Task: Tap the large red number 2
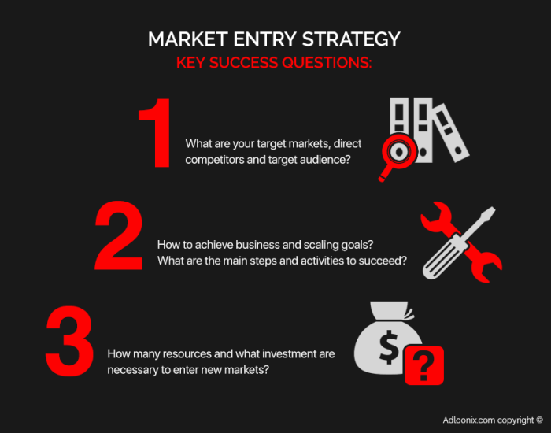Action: click(x=119, y=235)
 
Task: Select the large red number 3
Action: click(x=69, y=341)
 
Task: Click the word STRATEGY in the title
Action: click(x=351, y=39)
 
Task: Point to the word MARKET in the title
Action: click(x=188, y=39)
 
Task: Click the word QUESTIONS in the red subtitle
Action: click(x=327, y=63)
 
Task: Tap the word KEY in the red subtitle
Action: click(x=190, y=63)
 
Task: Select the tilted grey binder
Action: click(x=451, y=132)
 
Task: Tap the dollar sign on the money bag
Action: click(x=389, y=347)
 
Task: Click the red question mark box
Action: click(x=424, y=365)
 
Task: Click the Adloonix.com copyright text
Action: click(x=493, y=420)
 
